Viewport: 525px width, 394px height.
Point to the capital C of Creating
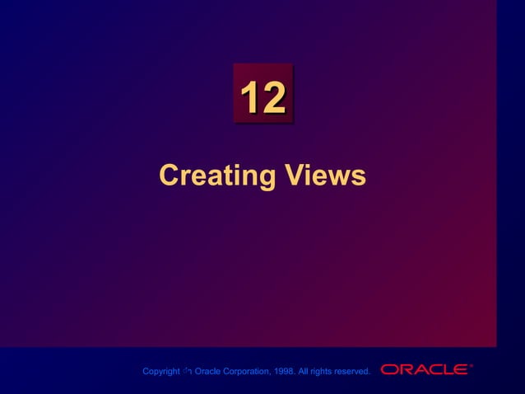point(168,176)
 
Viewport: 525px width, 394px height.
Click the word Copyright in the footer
point(160,372)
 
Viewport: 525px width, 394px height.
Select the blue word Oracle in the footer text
point(207,372)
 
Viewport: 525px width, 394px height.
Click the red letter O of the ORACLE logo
point(389,369)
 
